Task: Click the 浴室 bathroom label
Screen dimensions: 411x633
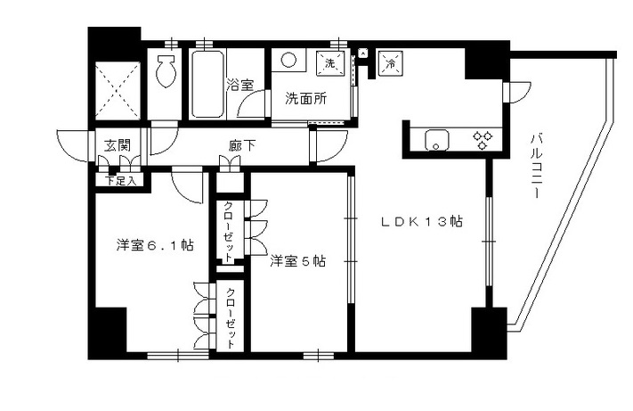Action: (x=240, y=86)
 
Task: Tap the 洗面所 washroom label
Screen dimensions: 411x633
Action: (x=305, y=99)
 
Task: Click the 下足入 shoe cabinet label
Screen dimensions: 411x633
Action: (x=119, y=181)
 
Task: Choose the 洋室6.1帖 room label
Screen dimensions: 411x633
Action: (x=156, y=244)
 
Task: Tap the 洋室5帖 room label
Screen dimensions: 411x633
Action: (x=297, y=261)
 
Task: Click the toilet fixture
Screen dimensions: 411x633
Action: (x=166, y=70)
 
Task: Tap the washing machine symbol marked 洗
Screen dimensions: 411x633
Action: (x=329, y=63)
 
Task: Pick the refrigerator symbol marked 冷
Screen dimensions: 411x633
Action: (x=390, y=62)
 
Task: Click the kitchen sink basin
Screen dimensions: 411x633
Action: (x=438, y=140)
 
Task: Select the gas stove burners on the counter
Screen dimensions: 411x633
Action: (x=483, y=139)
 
